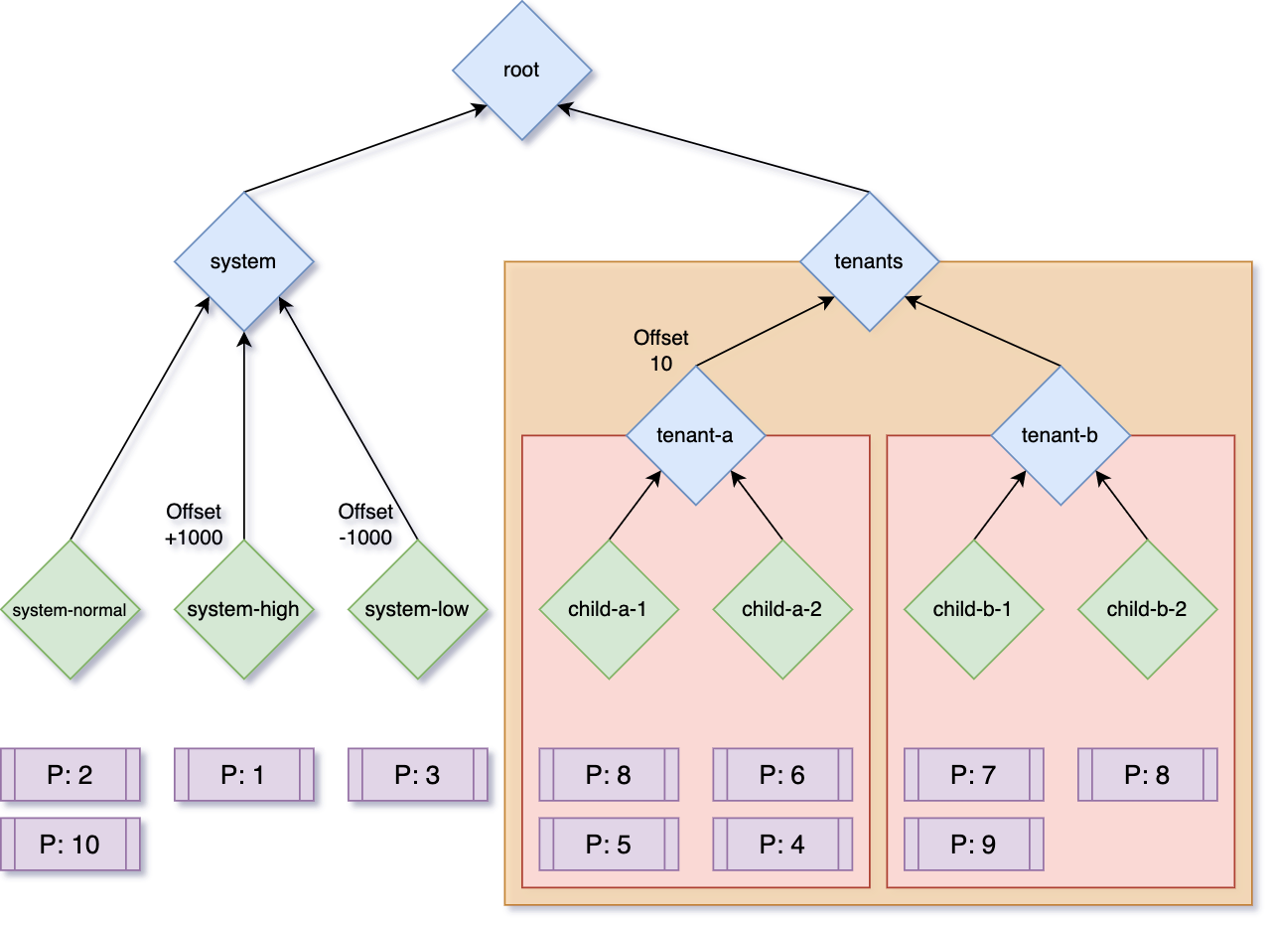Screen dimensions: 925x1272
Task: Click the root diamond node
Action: [521, 70]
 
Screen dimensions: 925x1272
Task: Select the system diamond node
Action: [243, 261]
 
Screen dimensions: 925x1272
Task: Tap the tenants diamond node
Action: [869, 261]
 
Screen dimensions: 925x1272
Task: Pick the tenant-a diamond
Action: [695, 435]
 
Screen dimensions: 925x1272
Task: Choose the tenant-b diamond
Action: [1060, 435]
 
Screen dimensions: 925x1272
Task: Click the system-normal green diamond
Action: [70, 610]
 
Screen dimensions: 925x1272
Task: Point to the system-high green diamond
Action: [243, 609]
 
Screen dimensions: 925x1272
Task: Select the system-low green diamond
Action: [417, 609]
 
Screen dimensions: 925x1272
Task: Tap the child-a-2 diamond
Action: [782, 609]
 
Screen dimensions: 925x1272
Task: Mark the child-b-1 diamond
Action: [973, 609]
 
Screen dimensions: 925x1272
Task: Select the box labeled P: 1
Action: [243, 775]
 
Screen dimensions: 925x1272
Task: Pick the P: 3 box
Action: [417, 775]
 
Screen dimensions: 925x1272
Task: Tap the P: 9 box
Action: [973, 845]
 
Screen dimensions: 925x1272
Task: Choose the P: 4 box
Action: [782, 845]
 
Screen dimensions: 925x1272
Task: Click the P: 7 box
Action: [973, 775]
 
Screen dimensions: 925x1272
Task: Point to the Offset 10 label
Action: [661, 351]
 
